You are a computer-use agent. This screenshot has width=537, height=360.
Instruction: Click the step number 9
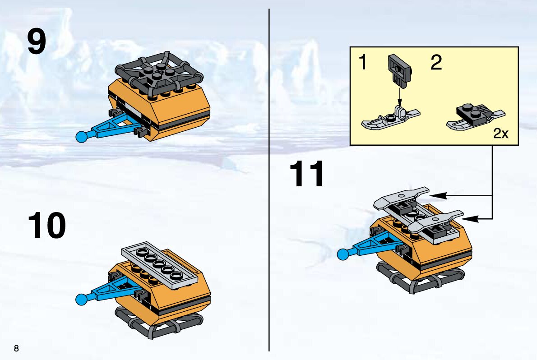pyautogui.click(x=37, y=42)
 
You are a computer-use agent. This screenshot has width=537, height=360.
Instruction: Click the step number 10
pyautogui.click(x=46, y=226)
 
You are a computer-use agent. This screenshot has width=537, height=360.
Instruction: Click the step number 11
pyautogui.click(x=306, y=174)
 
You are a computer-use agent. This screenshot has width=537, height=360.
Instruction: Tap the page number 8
pyautogui.click(x=16, y=348)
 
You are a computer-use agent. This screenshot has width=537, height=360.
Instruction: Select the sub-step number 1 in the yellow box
pyautogui.click(x=362, y=62)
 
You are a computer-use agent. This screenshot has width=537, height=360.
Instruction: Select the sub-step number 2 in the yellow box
pyautogui.click(x=436, y=63)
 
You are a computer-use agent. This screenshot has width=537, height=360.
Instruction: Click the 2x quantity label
pyautogui.click(x=501, y=134)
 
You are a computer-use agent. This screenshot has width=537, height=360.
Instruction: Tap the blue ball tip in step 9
pyautogui.click(x=82, y=137)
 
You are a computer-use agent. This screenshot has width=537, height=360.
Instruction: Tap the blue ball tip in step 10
pyautogui.click(x=81, y=300)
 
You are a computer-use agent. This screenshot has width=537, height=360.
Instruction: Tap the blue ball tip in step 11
pyautogui.click(x=343, y=254)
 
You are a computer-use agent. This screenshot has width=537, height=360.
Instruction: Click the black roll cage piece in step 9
pyautogui.click(x=159, y=73)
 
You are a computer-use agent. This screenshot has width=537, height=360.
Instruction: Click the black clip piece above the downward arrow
pyautogui.click(x=400, y=71)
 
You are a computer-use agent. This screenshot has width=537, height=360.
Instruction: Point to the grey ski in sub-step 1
pyautogui.click(x=390, y=120)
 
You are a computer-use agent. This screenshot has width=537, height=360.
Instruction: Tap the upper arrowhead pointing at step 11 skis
pyautogui.click(x=438, y=196)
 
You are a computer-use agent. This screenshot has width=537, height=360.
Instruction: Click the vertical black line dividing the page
pyautogui.click(x=269, y=180)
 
